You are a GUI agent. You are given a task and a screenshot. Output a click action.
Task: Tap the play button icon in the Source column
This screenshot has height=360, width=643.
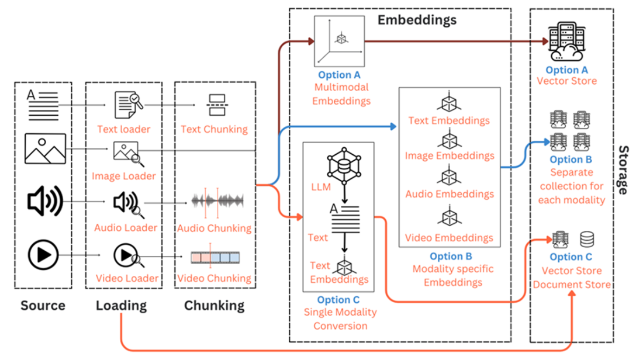coord(44,255)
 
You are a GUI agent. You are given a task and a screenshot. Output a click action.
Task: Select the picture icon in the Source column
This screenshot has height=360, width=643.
coord(45,148)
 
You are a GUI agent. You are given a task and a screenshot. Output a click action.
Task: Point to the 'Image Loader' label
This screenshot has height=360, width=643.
coord(124,176)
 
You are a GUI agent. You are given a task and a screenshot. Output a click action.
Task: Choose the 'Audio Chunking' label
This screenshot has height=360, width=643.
coord(215,228)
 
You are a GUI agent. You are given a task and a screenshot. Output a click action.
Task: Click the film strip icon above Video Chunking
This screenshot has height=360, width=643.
coord(215,257)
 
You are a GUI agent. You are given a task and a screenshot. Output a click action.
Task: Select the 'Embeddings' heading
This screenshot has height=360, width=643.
coord(417,20)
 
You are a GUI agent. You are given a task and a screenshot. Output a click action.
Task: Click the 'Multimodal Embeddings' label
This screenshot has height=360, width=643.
coord(341,95)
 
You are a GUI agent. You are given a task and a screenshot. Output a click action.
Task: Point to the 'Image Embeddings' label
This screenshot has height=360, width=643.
coord(450,156)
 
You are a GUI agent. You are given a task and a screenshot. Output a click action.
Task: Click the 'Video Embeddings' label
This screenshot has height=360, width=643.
coord(450,238)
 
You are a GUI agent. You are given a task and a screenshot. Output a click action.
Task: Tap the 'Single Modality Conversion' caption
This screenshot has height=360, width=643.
coord(340,319)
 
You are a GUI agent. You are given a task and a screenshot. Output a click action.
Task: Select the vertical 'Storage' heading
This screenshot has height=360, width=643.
coord(624,170)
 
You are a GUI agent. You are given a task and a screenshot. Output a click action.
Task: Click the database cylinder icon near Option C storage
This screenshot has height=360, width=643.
coord(587,239)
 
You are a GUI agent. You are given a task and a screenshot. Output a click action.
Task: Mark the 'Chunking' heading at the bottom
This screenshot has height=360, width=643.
coord(214,306)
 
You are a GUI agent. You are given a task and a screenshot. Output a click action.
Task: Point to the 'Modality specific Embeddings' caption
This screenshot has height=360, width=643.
coord(453,276)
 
